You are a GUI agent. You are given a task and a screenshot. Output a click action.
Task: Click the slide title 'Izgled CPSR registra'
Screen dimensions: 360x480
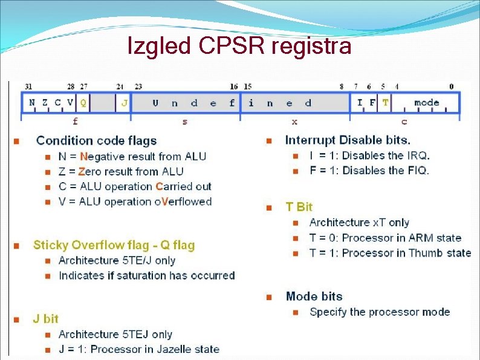[239, 45]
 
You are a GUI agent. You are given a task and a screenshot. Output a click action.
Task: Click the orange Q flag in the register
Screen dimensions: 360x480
[83, 103]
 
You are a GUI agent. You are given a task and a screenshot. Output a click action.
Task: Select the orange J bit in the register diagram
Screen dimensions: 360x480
[124, 103]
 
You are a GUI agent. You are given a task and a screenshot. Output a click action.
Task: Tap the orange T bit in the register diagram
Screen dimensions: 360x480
[385, 103]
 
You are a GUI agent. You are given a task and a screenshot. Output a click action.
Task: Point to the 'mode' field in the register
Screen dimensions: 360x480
[427, 103]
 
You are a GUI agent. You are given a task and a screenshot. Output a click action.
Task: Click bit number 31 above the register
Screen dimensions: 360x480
[28, 87]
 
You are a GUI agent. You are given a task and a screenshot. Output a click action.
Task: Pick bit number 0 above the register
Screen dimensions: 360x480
[451, 87]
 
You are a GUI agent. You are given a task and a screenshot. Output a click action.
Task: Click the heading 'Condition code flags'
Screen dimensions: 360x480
[96, 141]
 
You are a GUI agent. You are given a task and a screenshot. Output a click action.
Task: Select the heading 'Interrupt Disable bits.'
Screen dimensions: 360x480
[348, 141]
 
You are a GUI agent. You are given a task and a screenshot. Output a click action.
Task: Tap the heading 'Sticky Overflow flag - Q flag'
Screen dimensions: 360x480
[114, 245]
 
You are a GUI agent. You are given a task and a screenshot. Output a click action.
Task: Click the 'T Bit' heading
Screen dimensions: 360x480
[299, 207]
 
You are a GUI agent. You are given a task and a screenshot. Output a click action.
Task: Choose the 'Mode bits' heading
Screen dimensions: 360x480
[314, 296]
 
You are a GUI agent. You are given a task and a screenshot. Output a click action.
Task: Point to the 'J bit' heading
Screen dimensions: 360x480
[46, 319]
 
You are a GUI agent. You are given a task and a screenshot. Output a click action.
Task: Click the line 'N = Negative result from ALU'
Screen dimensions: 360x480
[132, 157]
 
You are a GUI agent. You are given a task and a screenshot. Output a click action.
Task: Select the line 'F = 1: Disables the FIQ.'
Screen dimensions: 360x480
[369, 171]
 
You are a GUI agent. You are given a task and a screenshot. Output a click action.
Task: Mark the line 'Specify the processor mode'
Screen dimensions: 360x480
[379, 312]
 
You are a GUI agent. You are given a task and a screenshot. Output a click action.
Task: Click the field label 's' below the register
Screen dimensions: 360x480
[184, 122]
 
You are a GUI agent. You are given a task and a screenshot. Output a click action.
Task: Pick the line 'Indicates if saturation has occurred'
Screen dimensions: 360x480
[146, 275]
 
